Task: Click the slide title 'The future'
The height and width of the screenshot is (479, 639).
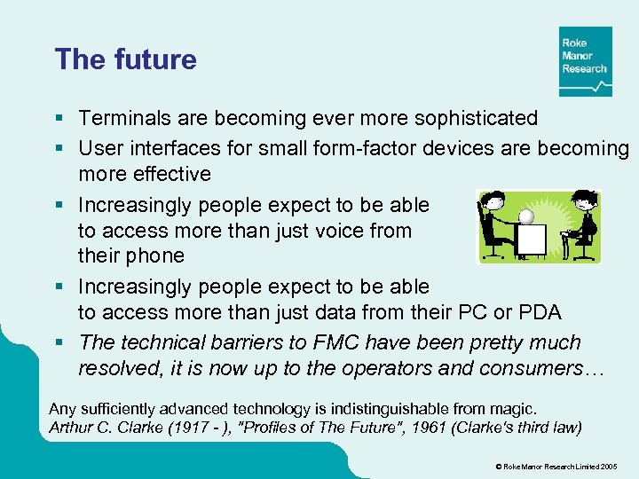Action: [x=125, y=59]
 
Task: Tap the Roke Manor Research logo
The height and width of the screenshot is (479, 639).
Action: [x=585, y=61]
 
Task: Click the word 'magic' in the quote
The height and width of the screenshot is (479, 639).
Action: [x=512, y=409]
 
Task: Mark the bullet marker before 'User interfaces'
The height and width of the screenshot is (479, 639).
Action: [x=59, y=147]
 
